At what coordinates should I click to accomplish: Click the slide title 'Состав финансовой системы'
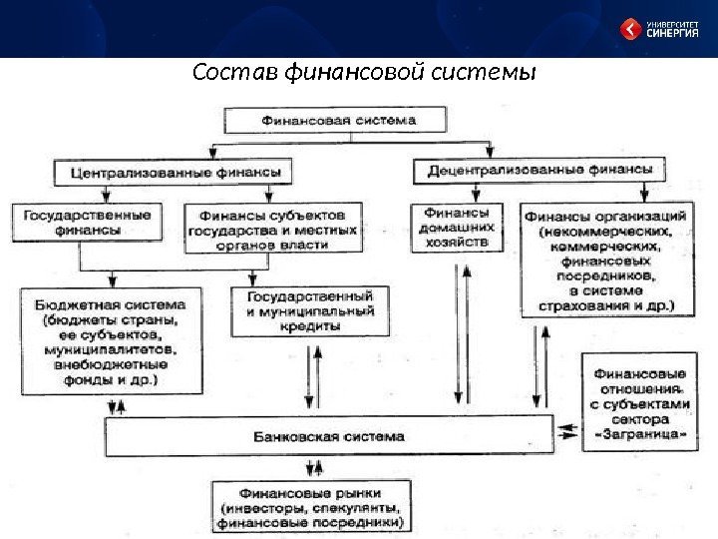coord(364,74)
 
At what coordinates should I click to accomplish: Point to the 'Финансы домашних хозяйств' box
coord(457,228)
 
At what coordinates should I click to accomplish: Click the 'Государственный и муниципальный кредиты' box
coord(308,311)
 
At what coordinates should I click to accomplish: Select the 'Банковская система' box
coord(329,436)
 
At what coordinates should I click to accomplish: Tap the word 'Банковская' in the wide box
coord(290,436)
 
